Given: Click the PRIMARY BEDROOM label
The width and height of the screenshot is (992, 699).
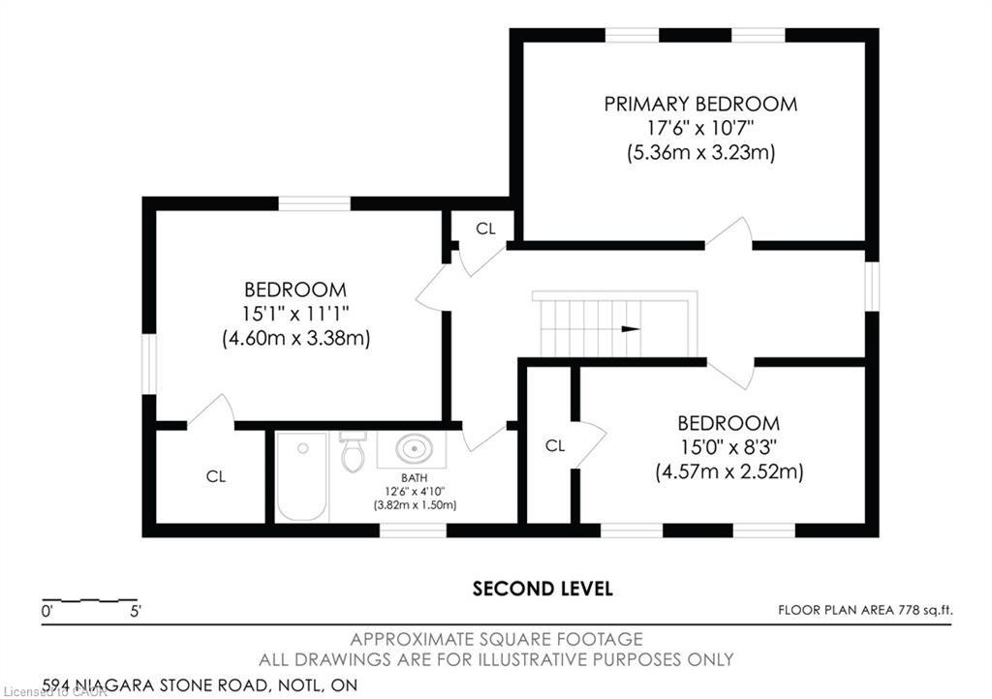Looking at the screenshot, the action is point(700,104).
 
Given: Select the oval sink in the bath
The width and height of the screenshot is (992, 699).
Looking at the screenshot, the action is point(415,449).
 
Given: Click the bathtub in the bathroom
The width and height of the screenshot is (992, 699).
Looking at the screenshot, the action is point(302,476).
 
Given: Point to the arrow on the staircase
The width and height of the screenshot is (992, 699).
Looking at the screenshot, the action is point(631,328).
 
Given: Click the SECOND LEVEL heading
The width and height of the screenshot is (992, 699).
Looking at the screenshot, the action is point(542,589).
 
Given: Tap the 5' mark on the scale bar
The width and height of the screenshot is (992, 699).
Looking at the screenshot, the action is point(136,611).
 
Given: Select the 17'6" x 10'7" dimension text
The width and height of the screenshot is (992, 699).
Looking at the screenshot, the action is point(700,129).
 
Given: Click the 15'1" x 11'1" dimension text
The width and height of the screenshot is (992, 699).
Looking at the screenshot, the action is point(295,314).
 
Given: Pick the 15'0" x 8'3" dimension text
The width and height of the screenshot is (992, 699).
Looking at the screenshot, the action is point(728,447).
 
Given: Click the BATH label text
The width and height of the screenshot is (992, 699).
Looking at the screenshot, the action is point(415,478).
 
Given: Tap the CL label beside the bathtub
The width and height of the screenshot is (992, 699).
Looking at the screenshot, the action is point(216,476).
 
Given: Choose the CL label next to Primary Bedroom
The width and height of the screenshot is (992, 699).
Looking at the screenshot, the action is point(486,228).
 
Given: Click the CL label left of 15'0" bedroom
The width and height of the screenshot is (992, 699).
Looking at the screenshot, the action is point(555,446).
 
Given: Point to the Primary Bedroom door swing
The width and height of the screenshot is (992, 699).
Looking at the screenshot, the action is point(728,230).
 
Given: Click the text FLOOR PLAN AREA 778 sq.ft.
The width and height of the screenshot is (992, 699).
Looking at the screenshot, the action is point(865,611).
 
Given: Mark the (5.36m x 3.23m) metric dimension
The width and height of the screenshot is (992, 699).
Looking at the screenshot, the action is point(701,153).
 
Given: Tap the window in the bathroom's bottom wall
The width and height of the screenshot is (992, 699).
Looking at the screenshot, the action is point(413,530).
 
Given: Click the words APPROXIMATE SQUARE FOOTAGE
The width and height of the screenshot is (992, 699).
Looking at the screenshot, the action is point(497,639).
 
